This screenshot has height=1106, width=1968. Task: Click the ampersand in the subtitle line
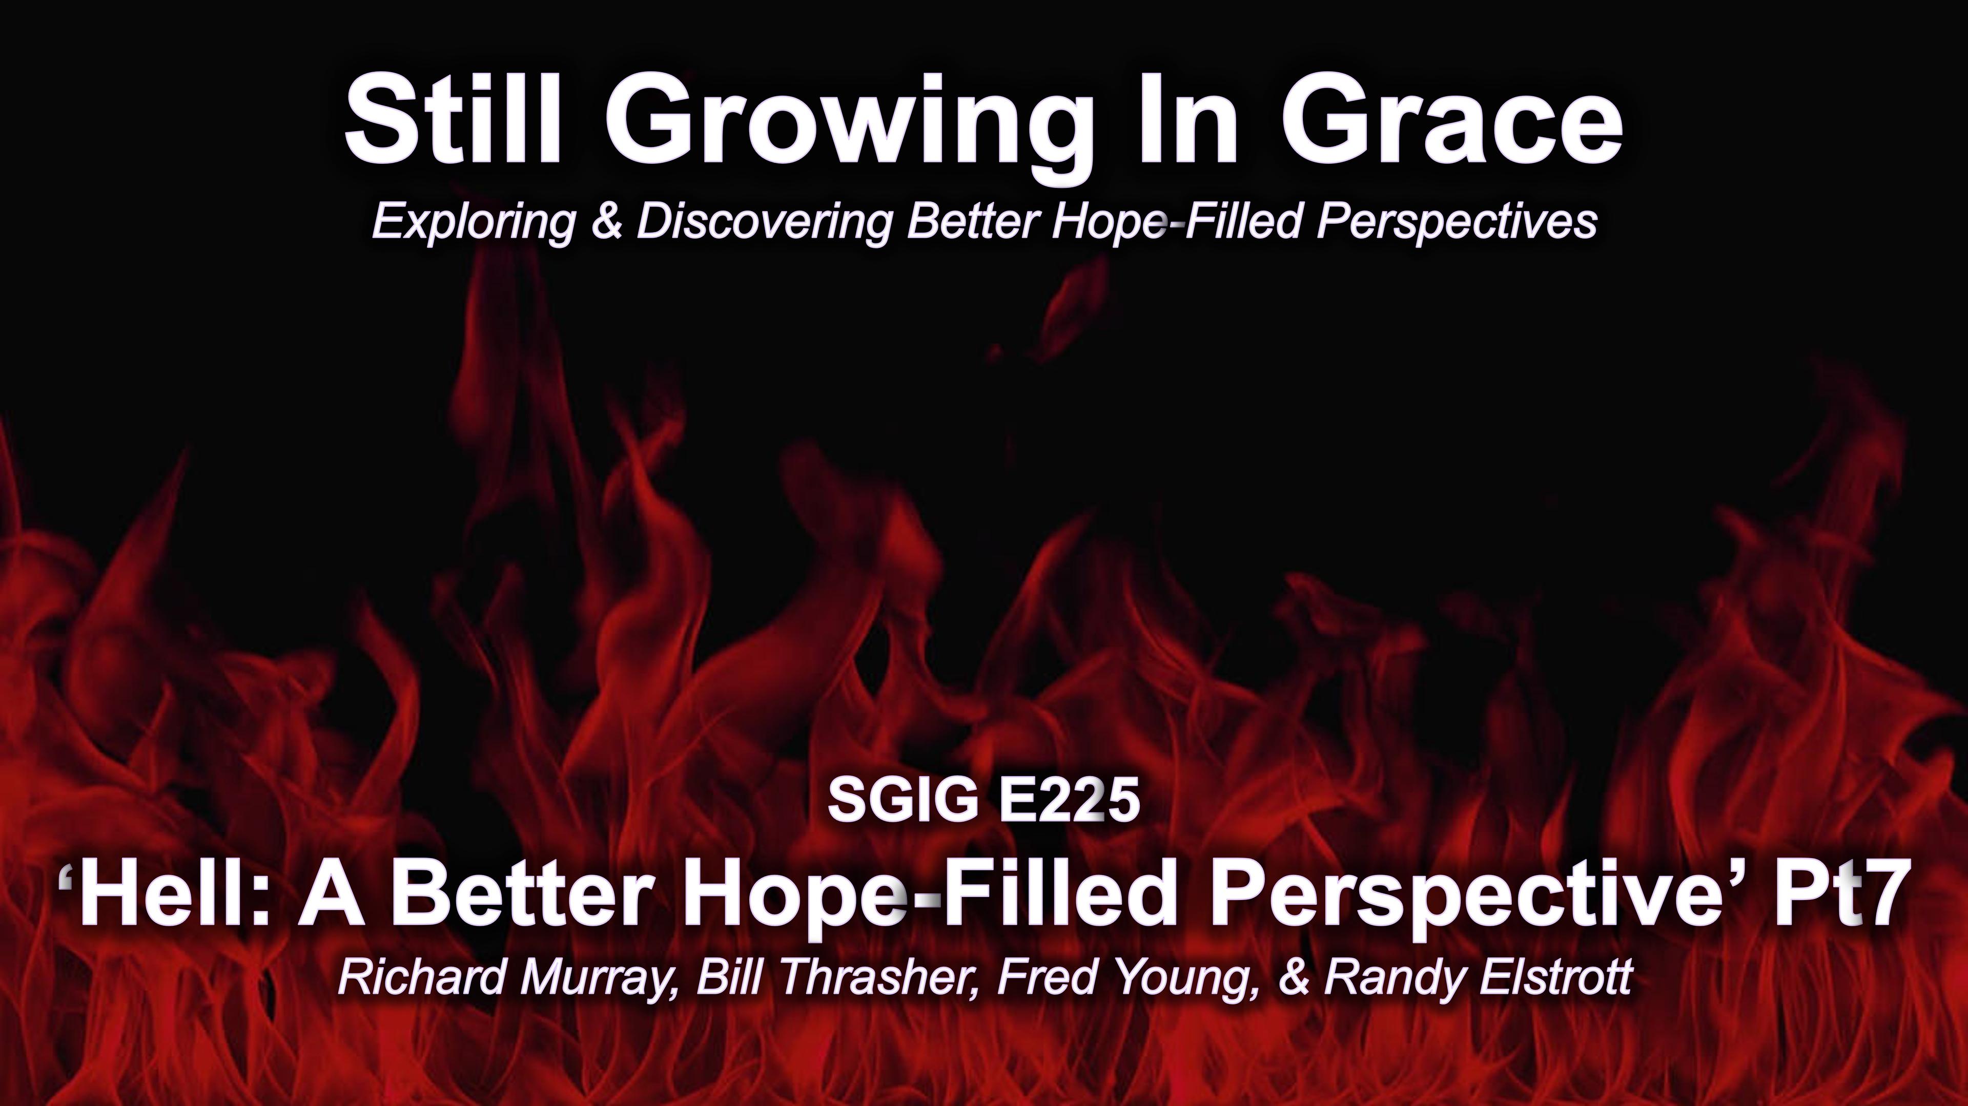coord(607,221)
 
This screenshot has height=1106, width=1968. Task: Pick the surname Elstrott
coord(1555,978)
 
